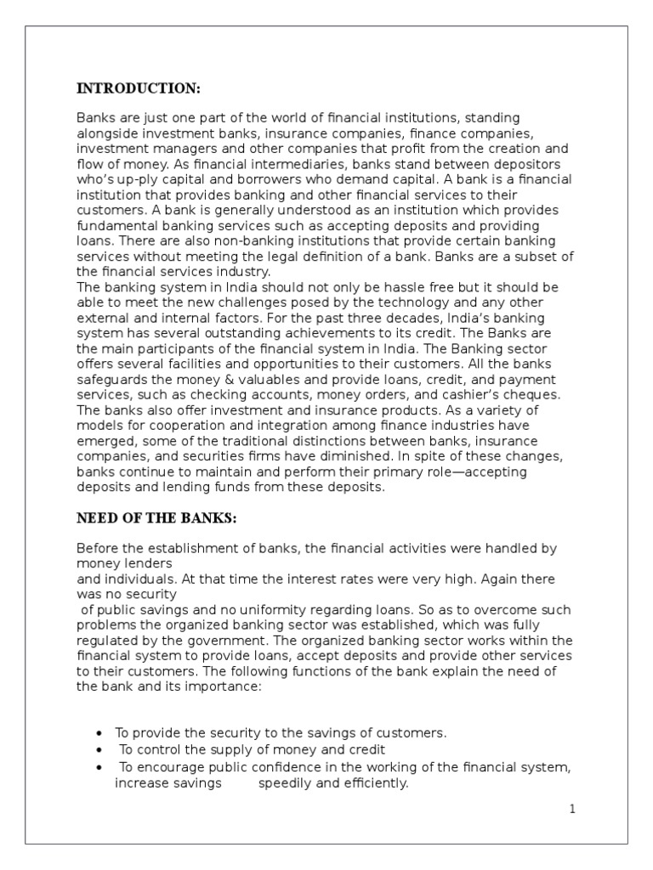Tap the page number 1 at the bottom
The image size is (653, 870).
573,809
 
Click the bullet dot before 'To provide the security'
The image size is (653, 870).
100,733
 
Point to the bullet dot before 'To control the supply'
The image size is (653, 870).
100,750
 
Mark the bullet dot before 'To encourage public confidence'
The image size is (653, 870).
100,768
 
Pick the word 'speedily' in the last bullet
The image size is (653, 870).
283,784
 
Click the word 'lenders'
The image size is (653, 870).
143,563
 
